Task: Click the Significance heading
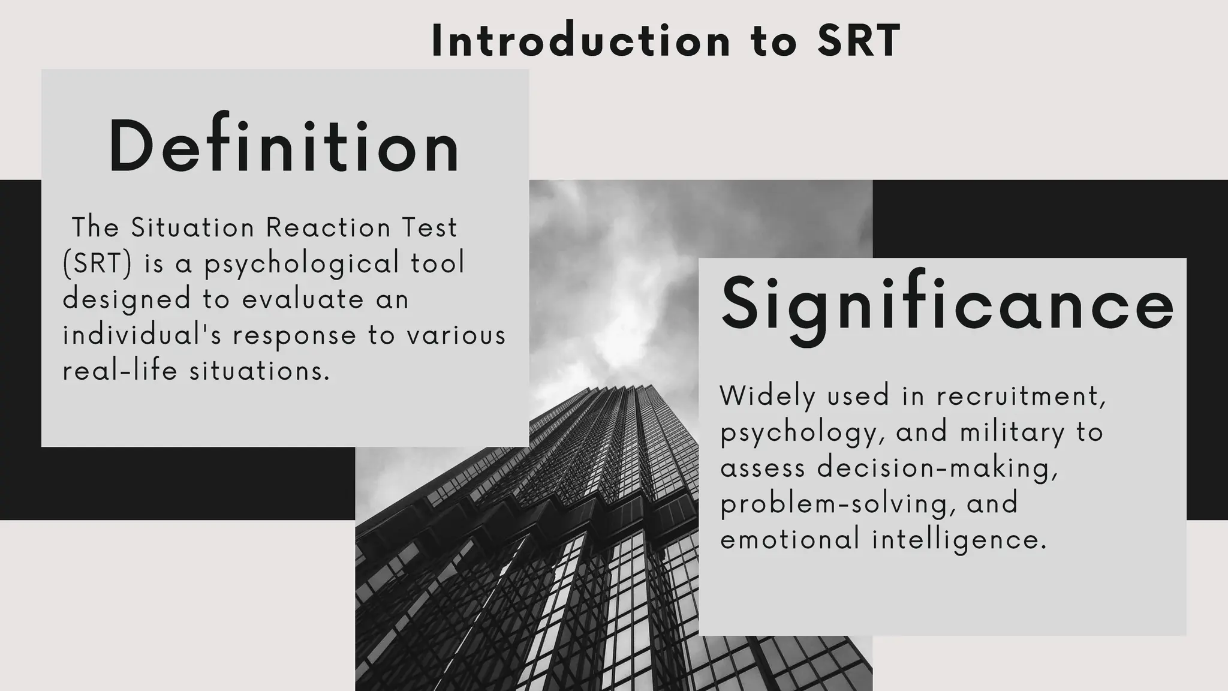[947, 305]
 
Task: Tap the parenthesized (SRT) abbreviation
[97, 263]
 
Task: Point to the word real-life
[120, 371]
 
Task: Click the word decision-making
[937, 468]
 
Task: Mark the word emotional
[790, 539]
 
